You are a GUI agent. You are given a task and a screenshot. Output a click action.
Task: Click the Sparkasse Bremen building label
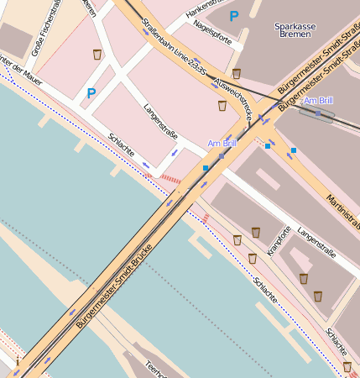[295, 33]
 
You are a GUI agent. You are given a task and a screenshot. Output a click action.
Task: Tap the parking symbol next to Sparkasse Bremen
[234, 15]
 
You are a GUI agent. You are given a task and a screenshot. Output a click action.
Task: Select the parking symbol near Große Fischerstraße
[91, 93]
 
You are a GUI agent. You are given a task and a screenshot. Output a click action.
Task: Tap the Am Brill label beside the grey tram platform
[319, 101]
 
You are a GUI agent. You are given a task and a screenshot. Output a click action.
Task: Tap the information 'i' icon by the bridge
[18, 360]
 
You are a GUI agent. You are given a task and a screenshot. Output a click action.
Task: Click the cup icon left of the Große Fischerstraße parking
[97, 55]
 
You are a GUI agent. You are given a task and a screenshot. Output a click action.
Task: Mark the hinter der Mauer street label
[21, 73]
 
